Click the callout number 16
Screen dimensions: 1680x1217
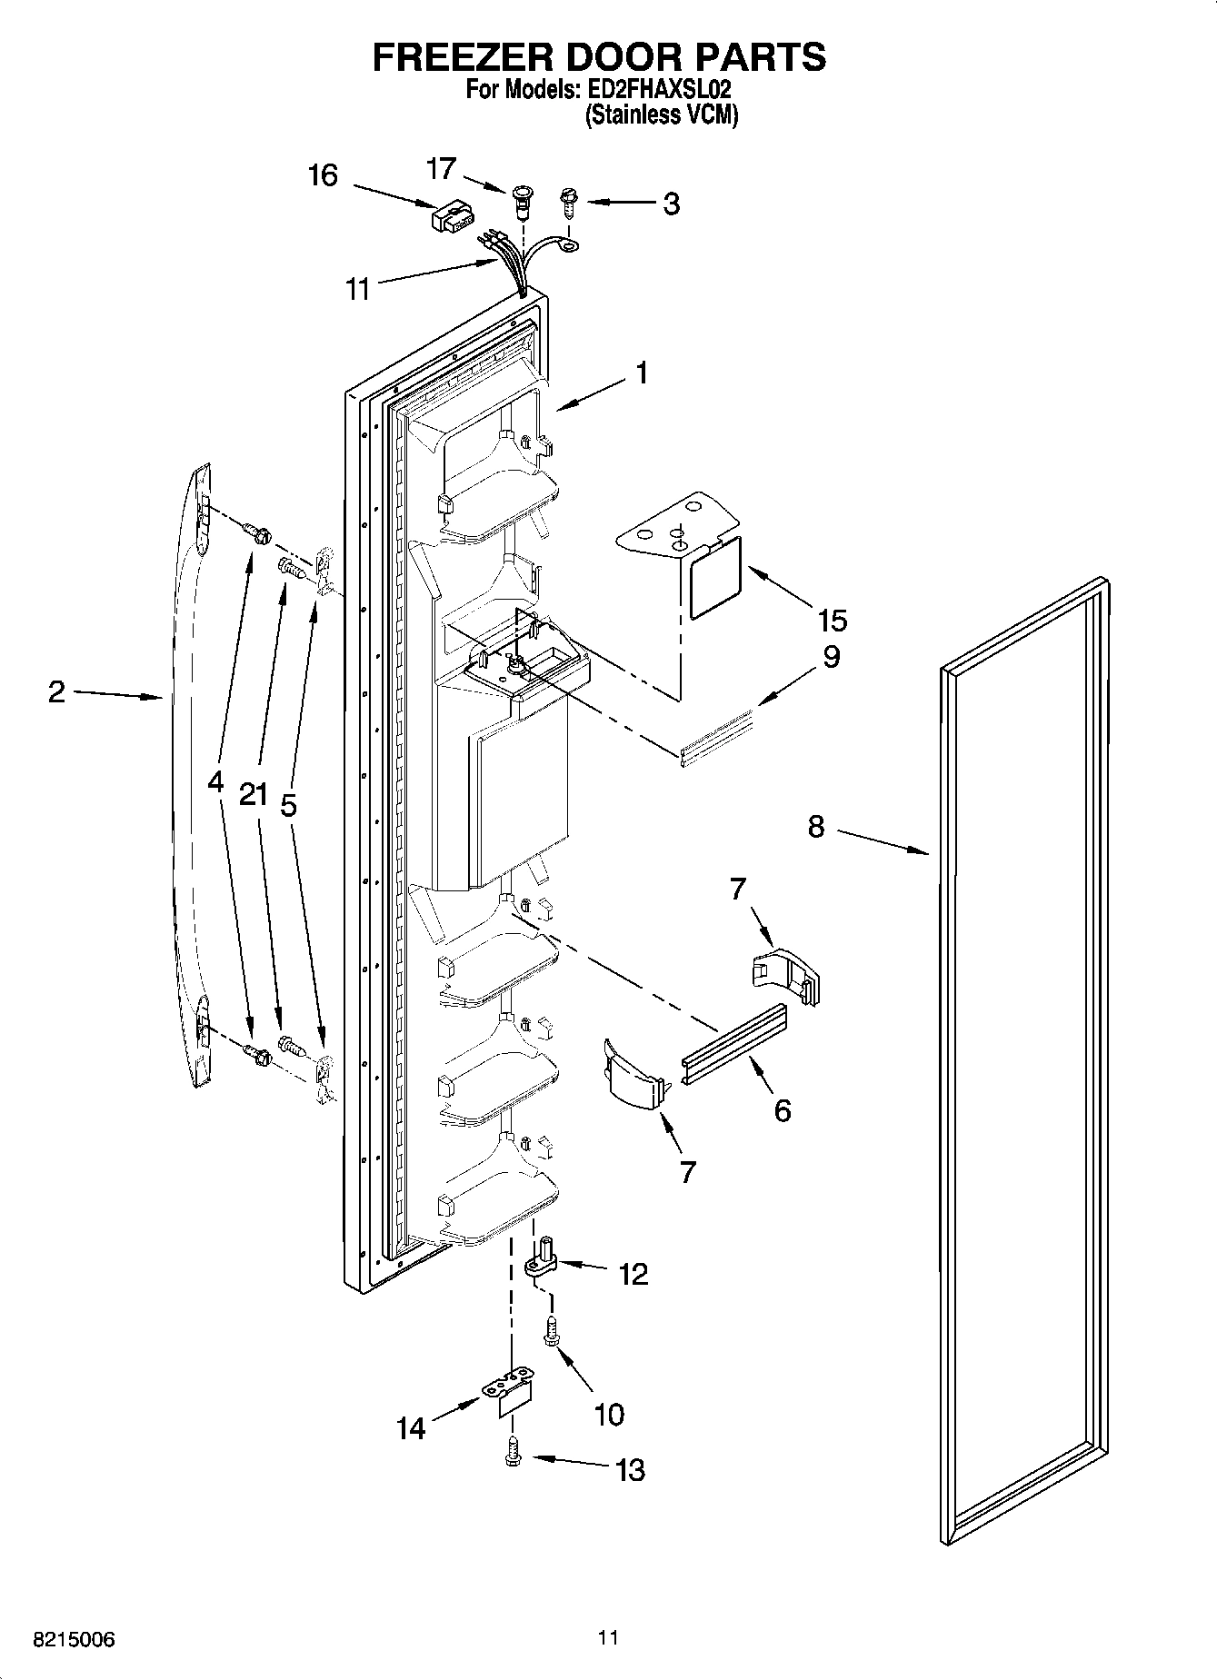pyautogui.click(x=323, y=175)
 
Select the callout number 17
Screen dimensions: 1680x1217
pyautogui.click(x=441, y=169)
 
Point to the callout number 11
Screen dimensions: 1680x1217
pyautogui.click(x=358, y=289)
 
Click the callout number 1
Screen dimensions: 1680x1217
pyautogui.click(x=642, y=373)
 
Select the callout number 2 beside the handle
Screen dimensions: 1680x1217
pyautogui.click(x=56, y=692)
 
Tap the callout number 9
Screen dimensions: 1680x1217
pyautogui.click(x=831, y=657)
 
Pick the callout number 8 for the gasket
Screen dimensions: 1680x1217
pyautogui.click(x=815, y=827)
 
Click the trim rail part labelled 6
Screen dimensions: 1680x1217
pyautogui.click(x=733, y=1039)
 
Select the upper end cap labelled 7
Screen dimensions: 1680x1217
pyautogui.click(x=786, y=976)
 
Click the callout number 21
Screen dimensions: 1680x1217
pyautogui.click(x=254, y=795)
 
